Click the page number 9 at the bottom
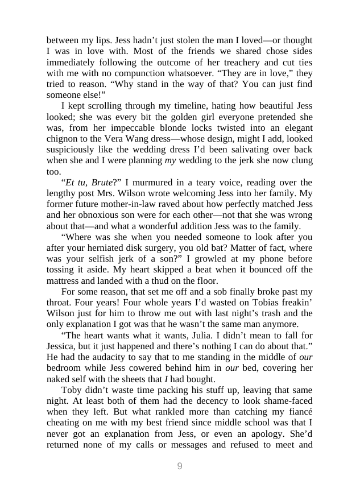click(180, 466)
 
